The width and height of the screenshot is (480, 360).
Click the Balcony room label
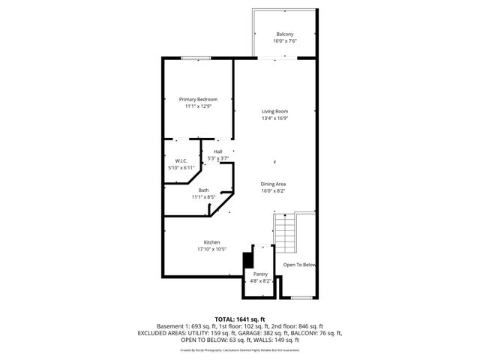click(x=284, y=34)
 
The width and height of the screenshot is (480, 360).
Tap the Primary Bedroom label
click(x=198, y=100)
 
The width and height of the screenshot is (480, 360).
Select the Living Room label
click(x=275, y=112)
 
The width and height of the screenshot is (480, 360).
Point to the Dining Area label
click(x=274, y=184)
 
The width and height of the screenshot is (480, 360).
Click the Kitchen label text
click(x=212, y=242)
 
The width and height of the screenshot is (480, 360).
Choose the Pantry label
click(x=260, y=274)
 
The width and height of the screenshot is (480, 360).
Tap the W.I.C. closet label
click(x=181, y=161)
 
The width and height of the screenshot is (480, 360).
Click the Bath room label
click(x=203, y=190)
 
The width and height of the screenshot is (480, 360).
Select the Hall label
click(x=218, y=152)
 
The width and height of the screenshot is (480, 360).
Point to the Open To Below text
click(x=300, y=265)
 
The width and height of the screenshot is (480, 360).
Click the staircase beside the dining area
click(x=286, y=235)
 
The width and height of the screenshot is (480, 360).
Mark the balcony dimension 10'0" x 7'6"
click(x=284, y=41)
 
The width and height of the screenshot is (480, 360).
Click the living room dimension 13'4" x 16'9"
click(x=275, y=118)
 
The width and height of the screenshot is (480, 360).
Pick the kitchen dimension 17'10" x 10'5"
click(x=212, y=249)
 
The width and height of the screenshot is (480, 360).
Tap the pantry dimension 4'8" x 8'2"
click(x=260, y=281)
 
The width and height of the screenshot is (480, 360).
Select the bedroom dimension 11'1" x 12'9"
click(x=198, y=106)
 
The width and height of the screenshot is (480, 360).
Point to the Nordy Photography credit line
click(x=239, y=349)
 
